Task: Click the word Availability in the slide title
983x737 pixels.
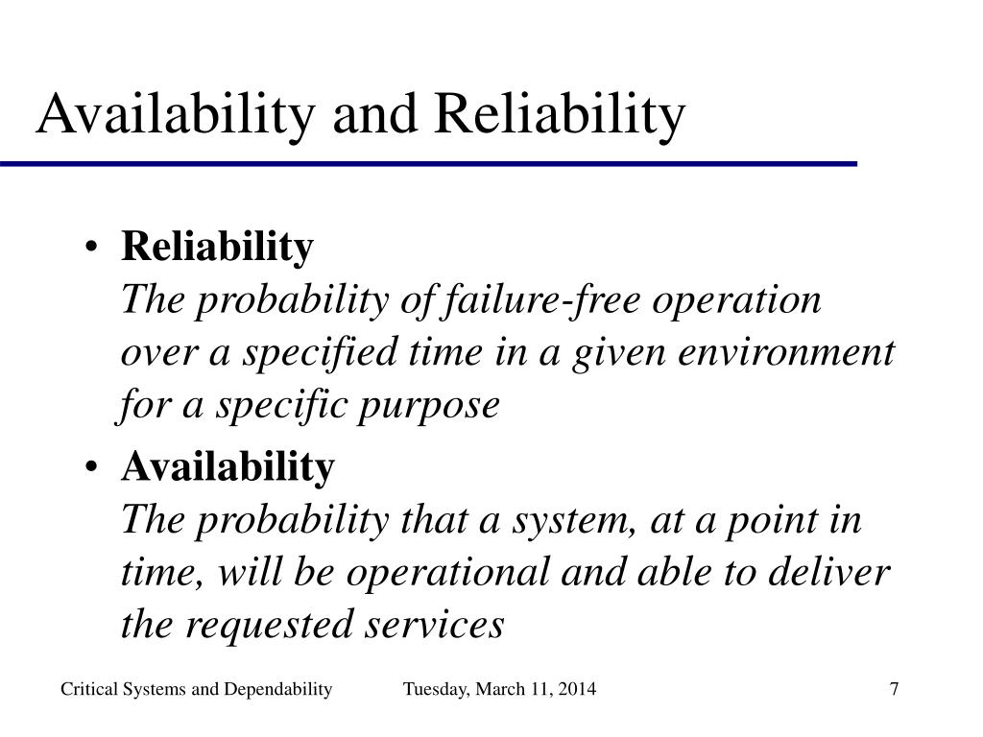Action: pos(176,116)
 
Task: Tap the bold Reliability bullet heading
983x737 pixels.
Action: pos(217,248)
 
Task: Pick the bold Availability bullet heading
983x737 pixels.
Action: pos(228,468)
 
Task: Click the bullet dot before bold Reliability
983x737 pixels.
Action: pos(91,247)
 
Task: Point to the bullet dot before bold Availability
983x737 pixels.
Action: pos(91,467)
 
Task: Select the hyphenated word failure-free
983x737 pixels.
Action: pos(541,300)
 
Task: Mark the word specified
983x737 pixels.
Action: pos(321,353)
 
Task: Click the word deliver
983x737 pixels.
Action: pos(828,572)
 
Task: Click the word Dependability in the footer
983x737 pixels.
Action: pos(277,690)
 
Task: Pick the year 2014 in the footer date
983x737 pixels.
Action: pos(577,689)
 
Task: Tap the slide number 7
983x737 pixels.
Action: pos(895,689)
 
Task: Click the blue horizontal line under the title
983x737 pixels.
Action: pos(429,164)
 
